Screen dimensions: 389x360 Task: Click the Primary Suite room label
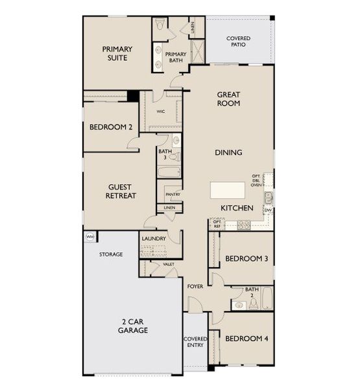[117, 53]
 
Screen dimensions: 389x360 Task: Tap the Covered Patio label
[238, 42]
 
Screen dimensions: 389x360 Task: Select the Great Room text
[228, 99]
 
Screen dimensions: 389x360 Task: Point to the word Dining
[228, 152]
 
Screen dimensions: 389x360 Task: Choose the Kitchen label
[236, 208]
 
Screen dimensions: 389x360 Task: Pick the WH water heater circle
[89, 238]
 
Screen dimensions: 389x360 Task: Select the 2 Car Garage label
[132, 325]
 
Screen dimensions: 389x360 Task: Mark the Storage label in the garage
[111, 254]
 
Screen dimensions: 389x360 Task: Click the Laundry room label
[154, 239]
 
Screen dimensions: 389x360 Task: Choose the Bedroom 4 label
[246, 338]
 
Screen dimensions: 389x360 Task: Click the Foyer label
[196, 286]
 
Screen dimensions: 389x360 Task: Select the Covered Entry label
[195, 342]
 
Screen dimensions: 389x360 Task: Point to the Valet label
[169, 264]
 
